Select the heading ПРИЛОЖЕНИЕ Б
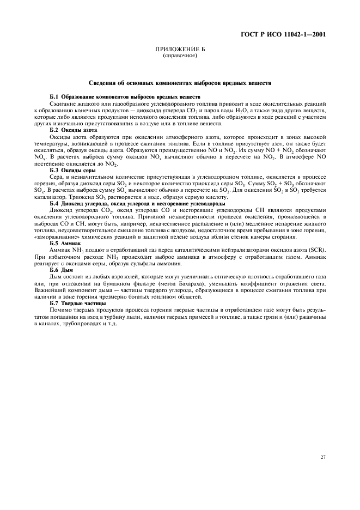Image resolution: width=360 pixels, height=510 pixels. tap(180, 50)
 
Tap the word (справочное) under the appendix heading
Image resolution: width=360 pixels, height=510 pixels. tap(180, 56)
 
